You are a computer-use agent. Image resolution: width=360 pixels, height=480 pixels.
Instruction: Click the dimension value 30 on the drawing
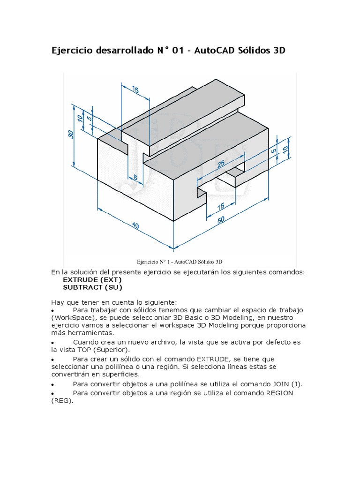[71, 134]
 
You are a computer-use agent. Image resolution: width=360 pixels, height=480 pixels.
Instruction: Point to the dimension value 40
[135, 225]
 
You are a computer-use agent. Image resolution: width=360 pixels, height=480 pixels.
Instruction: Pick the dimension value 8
[135, 177]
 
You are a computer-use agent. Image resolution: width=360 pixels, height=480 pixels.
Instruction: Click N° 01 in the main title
[168, 51]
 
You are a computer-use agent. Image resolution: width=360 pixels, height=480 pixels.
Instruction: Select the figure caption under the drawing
[180, 261]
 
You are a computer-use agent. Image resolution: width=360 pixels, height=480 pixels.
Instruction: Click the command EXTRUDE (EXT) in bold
[95, 280]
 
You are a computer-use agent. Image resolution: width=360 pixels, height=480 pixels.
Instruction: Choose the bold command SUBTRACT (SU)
[95, 287]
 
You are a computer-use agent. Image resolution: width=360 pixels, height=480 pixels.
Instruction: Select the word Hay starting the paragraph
[57, 302]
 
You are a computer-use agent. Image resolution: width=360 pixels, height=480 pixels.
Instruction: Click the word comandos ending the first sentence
[286, 272]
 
